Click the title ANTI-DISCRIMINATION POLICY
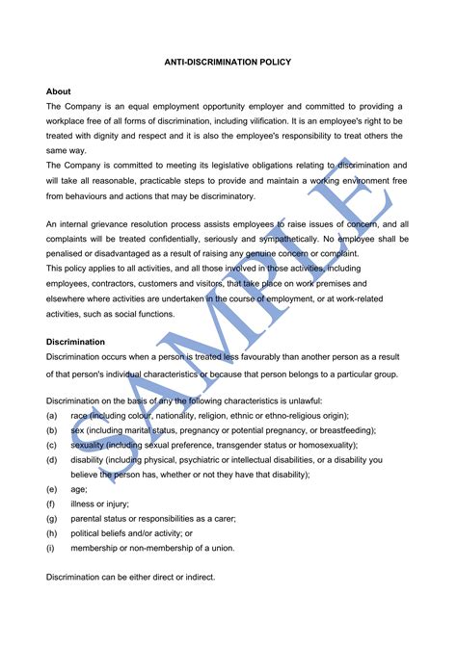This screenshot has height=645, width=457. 228,63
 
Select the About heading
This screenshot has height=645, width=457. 58,91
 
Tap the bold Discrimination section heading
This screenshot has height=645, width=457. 75,342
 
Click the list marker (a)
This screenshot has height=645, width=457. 52,415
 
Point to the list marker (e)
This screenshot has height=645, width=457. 52,489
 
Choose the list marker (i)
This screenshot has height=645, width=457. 51,548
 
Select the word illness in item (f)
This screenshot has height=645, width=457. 84,503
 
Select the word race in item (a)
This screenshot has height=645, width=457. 80,415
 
